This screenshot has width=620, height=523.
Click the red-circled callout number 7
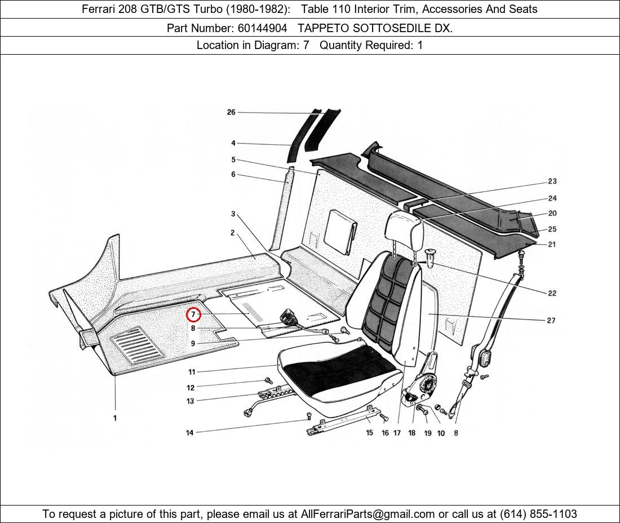[193, 314]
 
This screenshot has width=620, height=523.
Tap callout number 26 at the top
[231, 112]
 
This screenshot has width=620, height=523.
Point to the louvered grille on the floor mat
[137, 344]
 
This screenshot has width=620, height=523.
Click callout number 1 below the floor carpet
[115, 418]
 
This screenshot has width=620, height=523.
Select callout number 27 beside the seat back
[551, 320]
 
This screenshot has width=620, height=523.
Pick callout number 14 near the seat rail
[190, 433]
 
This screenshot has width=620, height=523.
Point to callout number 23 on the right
[552, 181]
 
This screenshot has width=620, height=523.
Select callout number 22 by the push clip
[552, 293]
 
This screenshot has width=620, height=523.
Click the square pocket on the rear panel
[340, 231]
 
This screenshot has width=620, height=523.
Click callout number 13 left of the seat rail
[190, 401]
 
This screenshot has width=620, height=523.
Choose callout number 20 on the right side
[552, 213]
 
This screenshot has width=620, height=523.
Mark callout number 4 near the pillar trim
[233, 143]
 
